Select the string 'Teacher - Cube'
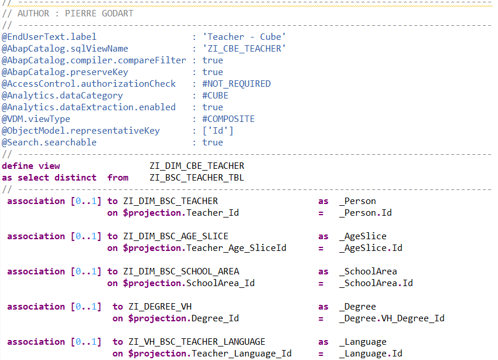coord(240,37)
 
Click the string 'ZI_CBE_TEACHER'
coord(240,49)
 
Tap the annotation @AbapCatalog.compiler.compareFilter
coord(94,60)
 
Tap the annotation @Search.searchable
coord(49,142)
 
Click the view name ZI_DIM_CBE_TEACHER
coord(197,166)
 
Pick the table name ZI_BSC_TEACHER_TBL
coord(197,178)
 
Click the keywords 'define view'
coord(30,166)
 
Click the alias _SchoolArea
coord(368,271)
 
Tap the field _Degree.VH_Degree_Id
coord(391,318)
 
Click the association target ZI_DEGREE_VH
coord(160,307)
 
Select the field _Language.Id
coord(370,354)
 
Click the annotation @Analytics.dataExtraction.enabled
coord(88,107)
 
